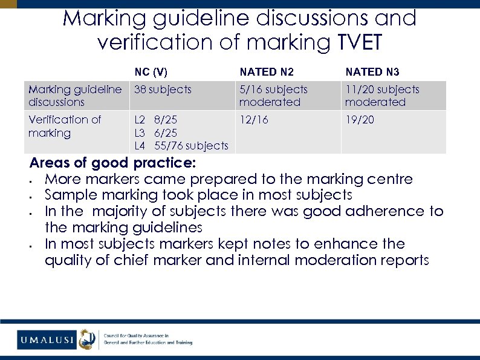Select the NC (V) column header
pyautogui.click(x=151, y=72)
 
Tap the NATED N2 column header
pyautogui.click(x=267, y=72)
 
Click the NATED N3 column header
pyautogui.click(x=372, y=72)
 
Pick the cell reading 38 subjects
pyautogui.click(x=163, y=90)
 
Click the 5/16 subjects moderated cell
pyautogui.click(x=273, y=96)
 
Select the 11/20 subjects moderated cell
pyautogui.click(x=382, y=96)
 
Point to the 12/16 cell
pyautogui.click(x=253, y=120)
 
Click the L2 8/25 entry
pyautogui.click(x=155, y=120)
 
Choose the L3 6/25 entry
pyautogui.click(x=155, y=133)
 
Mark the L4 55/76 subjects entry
pyautogui.click(x=181, y=146)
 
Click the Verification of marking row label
pyautogui.click(x=65, y=126)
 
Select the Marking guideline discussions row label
pyautogui.click(x=75, y=96)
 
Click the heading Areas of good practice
pyautogui.click(x=112, y=163)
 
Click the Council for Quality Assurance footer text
pyautogui.click(x=137, y=335)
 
